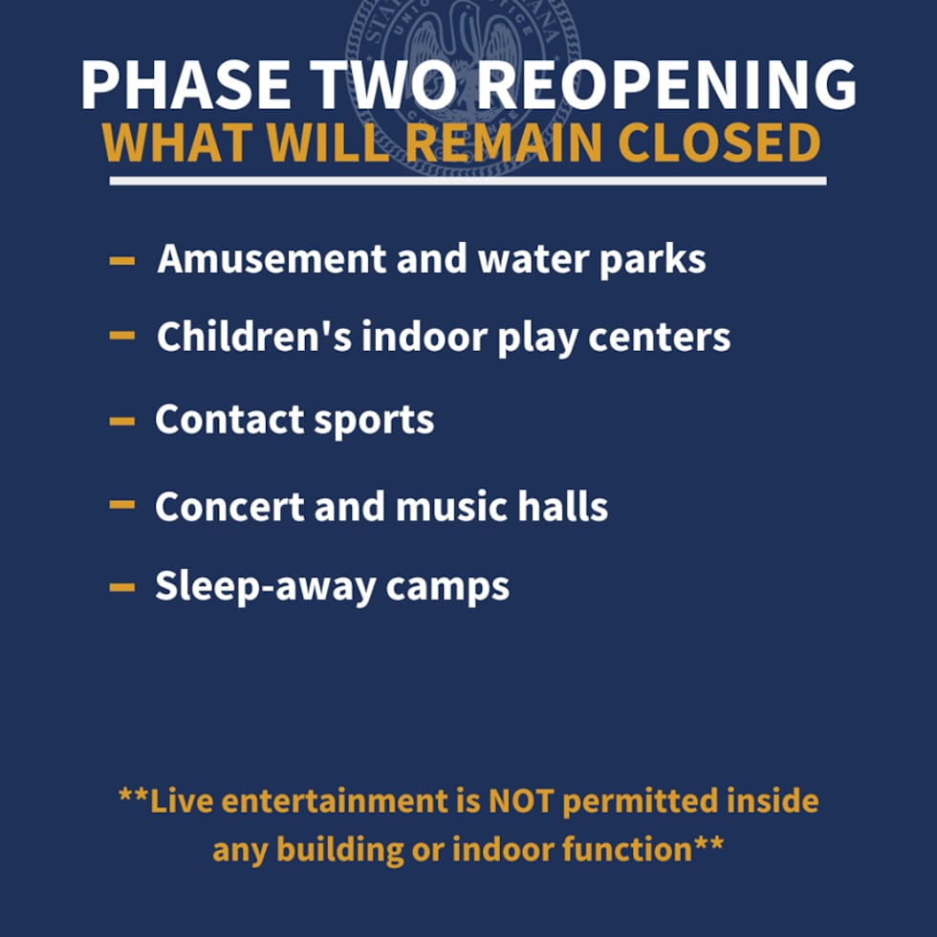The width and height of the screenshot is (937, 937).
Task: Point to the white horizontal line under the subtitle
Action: coord(468,180)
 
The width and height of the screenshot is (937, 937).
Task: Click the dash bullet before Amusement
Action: coord(122,260)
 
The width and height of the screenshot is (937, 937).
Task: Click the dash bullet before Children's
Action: coord(122,336)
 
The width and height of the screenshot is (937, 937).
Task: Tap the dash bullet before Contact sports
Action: coord(122,420)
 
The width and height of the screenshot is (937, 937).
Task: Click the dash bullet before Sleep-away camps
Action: coord(122,587)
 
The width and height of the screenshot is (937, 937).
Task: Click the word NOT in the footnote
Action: coord(522,801)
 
